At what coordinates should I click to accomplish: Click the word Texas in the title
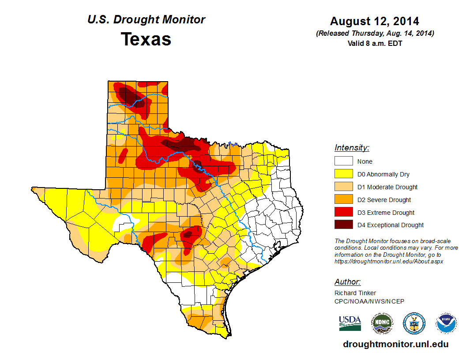[x=146, y=39]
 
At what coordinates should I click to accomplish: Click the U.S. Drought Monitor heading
[x=146, y=20]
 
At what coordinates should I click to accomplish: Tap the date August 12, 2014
[x=375, y=21]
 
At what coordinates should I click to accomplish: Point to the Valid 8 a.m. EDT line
[x=375, y=43]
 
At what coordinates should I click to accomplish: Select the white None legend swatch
[x=343, y=161]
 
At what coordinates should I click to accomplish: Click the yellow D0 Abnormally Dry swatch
[x=343, y=174]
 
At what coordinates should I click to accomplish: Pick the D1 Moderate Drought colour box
[x=343, y=187]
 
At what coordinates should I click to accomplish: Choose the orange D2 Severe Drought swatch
[x=343, y=200]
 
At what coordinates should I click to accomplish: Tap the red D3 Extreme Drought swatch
[x=343, y=213]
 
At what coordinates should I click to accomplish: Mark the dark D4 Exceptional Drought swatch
[x=343, y=225]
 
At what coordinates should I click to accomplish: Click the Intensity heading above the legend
[x=352, y=148]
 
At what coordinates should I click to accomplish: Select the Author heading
[x=348, y=282]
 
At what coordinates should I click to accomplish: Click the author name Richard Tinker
[x=355, y=293]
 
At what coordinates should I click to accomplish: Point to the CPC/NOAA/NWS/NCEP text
[x=369, y=301]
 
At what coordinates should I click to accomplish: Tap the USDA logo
[x=350, y=323]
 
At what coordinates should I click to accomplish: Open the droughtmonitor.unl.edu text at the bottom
[x=396, y=344]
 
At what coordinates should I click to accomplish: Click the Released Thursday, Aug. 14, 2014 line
[x=375, y=34]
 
